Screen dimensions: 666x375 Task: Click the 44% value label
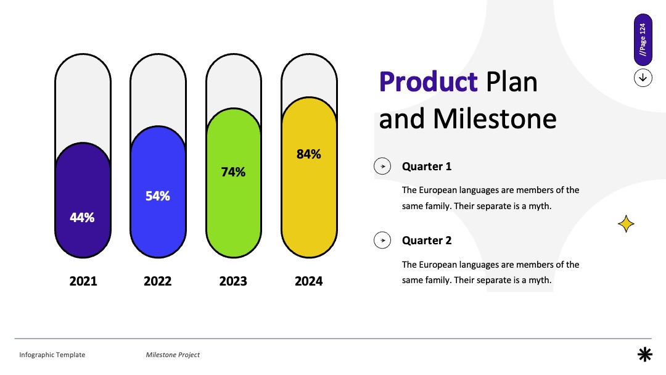pos(82,218)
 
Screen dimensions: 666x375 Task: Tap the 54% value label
pos(158,196)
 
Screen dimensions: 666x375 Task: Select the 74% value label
pos(233,172)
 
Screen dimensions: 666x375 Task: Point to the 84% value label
pos(309,154)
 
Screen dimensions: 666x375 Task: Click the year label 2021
pos(83,281)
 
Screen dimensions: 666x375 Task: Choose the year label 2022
pos(158,281)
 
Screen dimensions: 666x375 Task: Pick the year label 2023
pos(233,281)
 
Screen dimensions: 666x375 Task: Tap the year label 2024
pos(309,281)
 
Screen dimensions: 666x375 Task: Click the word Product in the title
pos(428,81)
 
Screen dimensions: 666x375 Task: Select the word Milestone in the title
pos(495,118)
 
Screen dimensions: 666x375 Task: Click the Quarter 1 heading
pos(427,167)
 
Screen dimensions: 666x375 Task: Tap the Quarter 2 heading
pos(427,241)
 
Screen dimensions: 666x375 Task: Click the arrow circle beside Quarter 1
pos(382,166)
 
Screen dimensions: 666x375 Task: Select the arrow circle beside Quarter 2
pos(382,240)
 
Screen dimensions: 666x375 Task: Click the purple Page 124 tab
pos(643,39)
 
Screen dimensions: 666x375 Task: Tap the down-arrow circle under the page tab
pos(643,78)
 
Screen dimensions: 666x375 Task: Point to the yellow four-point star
pos(626,224)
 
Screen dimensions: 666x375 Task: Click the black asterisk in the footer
pos(645,354)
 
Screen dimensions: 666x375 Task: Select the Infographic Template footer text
pos(52,355)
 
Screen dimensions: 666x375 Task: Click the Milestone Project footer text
pos(173,355)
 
